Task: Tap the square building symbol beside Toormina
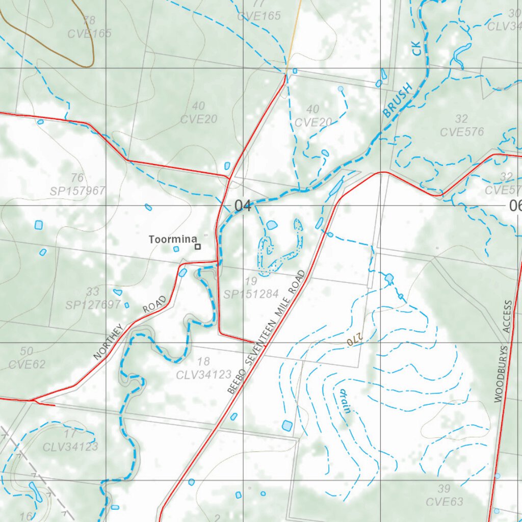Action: [x=198, y=247]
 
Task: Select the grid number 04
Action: [x=243, y=206]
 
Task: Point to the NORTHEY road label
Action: [x=109, y=342]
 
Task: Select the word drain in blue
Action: [x=345, y=401]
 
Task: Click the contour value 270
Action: [x=354, y=339]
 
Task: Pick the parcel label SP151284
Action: [x=251, y=294]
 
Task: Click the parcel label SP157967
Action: [x=77, y=191]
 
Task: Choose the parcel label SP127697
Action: [x=93, y=305]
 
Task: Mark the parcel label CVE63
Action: [x=445, y=502]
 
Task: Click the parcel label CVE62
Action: [x=27, y=364]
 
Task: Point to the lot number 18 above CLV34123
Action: [x=203, y=362]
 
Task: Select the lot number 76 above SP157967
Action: [x=77, y=178]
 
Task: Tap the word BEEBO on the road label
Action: [x=234, y=381]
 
